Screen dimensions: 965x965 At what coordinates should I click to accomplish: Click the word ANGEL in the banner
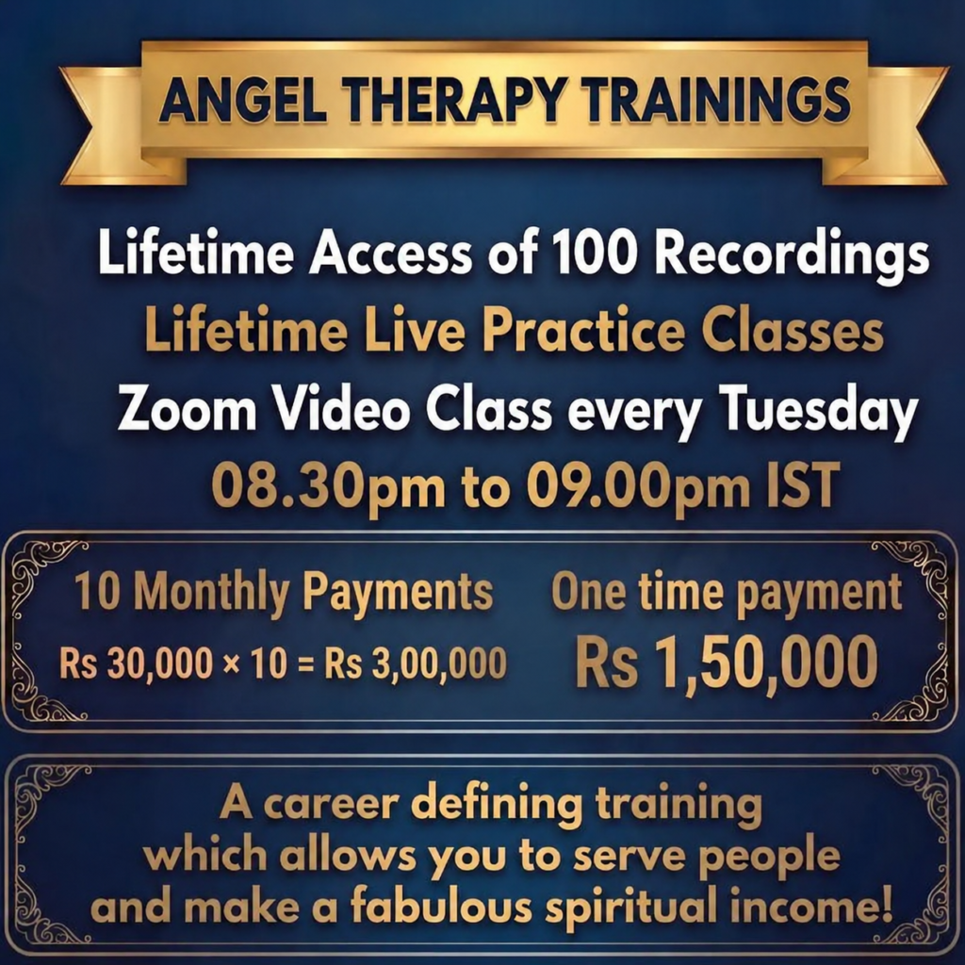tap(242, 99)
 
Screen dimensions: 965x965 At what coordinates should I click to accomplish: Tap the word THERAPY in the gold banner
tap(452, 99)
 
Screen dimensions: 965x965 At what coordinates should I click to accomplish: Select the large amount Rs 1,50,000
tap(727, 662)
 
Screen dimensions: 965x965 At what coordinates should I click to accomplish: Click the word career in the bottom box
tap(331, 805)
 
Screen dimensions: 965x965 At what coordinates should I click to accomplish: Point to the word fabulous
tap(441, 908)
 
